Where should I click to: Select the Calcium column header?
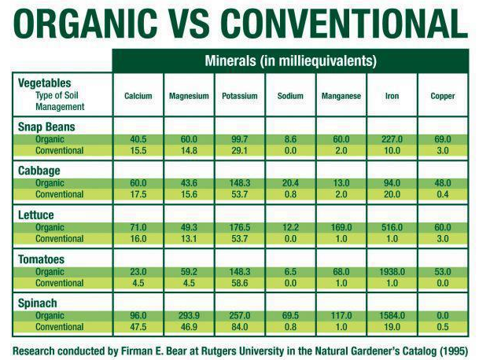pos(138,96)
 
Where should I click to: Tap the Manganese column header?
pos(341,96)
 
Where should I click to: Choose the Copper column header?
pos(443,96)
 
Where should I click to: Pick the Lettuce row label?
pos(37,214)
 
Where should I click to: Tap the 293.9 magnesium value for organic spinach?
pos(189,315)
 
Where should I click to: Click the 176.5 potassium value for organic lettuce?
pos(239,228)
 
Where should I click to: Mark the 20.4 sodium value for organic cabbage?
pos(290,184)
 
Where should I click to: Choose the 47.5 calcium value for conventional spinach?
pos(138,326)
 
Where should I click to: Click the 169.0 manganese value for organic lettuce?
pos(341,228)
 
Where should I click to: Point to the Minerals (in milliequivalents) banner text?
pos(290,61)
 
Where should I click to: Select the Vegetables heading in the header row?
pos(44,83)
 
